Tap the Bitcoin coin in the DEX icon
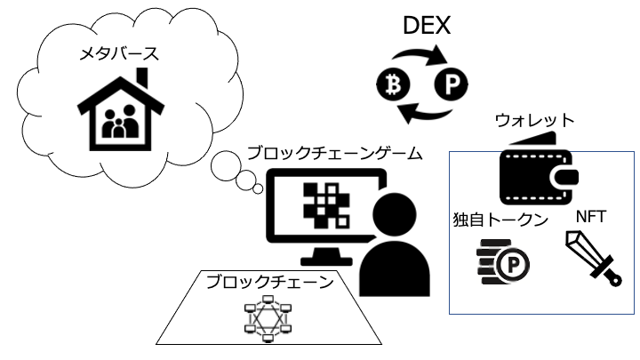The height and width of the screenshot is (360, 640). pos(391,85)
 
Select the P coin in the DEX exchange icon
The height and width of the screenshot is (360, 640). pos(451,86)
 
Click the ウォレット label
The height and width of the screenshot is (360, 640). pos(536,120)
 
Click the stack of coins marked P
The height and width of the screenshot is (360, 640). pos(502,261)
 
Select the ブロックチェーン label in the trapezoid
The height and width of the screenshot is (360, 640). pos(269,282)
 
